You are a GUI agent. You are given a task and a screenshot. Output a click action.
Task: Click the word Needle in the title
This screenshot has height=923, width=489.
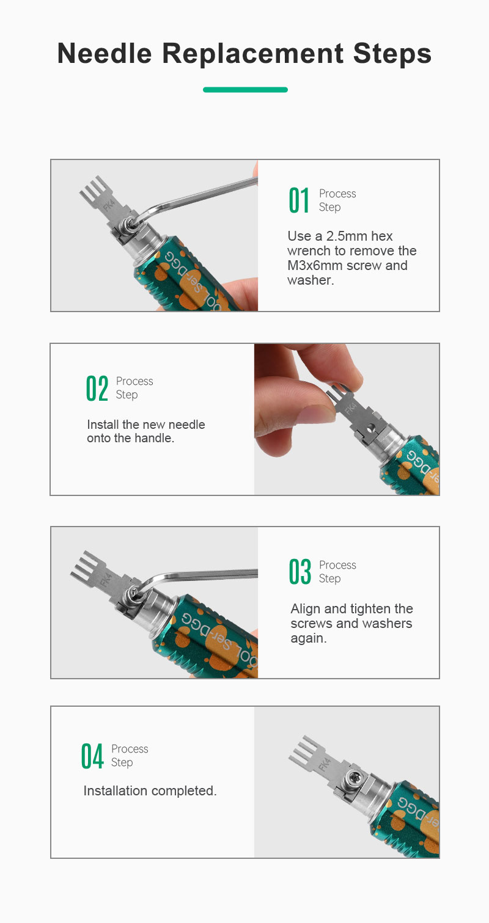tap(105, 54)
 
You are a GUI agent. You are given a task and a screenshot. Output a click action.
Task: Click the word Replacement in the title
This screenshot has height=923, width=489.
tap(252, 54)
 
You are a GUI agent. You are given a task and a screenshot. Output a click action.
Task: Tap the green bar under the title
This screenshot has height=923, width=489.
tap(245, 89)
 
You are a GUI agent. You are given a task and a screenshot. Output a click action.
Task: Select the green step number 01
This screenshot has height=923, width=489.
tap(299, 200)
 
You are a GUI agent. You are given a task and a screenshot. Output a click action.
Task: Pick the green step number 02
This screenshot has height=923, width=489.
tap(97, 388)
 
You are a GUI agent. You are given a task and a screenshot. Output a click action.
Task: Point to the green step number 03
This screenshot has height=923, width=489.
tap(300, 572)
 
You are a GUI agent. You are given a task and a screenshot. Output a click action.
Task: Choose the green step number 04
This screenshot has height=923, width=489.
tap(92, 756)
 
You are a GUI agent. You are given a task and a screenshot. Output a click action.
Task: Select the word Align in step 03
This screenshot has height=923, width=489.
tap(306, 609)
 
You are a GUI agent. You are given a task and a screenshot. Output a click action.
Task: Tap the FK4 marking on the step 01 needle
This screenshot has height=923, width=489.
tap(109, 203)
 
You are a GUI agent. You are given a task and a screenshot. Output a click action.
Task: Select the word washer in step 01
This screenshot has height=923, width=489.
tap(309, 280)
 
